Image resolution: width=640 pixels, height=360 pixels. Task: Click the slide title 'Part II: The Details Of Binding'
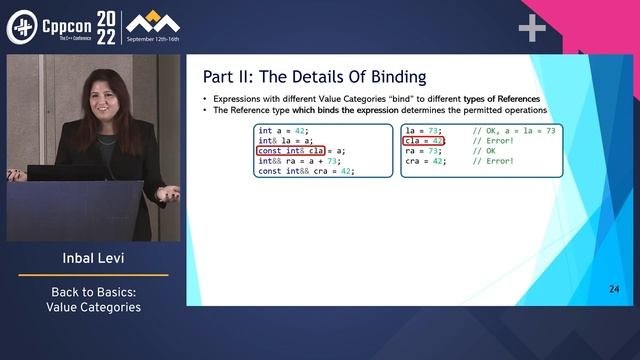coord(301,76)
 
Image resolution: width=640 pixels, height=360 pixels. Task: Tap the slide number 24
coord(614,290)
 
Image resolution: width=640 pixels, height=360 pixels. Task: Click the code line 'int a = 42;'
coord(283,131)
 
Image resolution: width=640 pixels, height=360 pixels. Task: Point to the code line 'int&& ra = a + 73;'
coord(299,161)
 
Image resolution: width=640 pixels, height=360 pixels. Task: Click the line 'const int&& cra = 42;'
coord(306,171)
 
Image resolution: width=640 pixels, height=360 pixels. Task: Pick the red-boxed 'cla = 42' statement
coord(424,141)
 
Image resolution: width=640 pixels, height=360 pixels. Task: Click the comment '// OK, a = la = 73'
coord(514,131)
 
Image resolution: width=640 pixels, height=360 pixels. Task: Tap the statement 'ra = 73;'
coord(422,151)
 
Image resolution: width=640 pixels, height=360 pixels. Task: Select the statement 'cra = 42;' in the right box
coord(425,161)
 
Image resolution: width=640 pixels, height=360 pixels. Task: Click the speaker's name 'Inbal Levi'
coord(96,262)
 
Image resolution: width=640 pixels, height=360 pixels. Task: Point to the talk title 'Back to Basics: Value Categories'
coord(96,299)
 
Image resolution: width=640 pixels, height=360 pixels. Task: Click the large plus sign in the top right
coord(532,29)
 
